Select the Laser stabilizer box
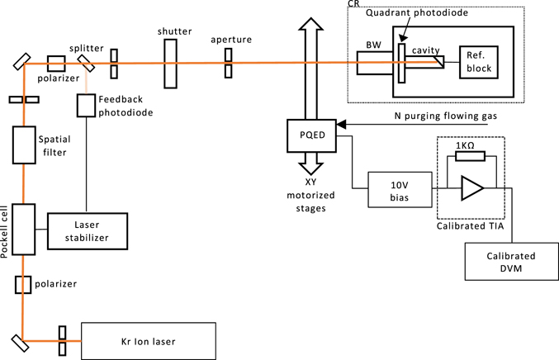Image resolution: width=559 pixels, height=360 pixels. [88, 228]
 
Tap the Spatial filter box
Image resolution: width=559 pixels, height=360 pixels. [25, 146]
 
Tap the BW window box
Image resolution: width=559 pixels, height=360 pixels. [373, 63]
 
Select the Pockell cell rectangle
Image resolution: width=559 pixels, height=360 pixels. [25, 230]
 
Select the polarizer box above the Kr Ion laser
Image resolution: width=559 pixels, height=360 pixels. [23, 285]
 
